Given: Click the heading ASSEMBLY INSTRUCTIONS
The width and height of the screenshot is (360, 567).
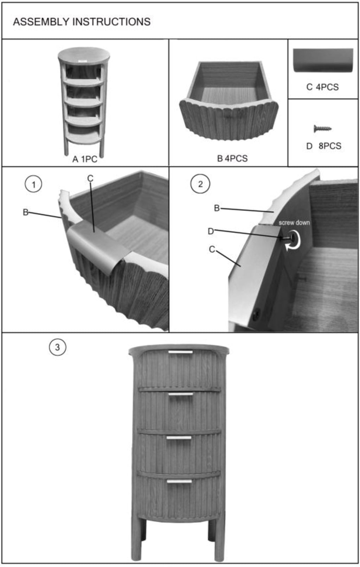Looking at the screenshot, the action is tap(82, 22).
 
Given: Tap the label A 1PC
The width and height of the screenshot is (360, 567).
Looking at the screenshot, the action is tap(85, 159).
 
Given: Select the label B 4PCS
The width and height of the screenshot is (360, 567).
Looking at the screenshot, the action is tap(232, 158).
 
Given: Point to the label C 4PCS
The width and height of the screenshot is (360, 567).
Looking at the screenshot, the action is tap(322, 87).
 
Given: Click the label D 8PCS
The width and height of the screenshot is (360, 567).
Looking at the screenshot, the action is tap(323, 146).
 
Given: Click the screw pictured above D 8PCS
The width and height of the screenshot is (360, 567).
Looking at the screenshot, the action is tap(322, 129).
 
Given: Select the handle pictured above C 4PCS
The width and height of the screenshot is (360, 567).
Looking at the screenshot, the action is tap(323, 60).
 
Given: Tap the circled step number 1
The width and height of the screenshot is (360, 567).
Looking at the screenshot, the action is tap(33, 184).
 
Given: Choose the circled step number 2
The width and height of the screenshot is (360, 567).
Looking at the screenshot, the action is tap(200, 184).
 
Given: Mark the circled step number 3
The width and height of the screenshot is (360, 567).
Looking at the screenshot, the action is tap(57, 347).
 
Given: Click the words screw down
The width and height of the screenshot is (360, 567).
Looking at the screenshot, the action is tap(294, 223).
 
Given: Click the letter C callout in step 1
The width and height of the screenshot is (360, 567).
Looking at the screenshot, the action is tap(90, 178).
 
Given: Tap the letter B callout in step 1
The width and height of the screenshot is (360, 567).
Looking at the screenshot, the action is tap(26, 212).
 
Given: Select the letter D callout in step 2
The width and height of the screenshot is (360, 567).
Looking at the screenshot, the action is tap(211, 231).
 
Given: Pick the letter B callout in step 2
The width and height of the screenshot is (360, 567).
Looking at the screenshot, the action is tap(217, 208).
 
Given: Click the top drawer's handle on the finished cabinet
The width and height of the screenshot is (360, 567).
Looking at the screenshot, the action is tap(181, 352).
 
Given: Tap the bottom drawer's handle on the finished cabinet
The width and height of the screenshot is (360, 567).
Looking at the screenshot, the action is tap(179, 481).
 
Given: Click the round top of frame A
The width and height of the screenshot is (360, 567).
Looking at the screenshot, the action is tap(84, 55).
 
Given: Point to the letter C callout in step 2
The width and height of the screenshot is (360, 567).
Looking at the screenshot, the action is tap(212, 249).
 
